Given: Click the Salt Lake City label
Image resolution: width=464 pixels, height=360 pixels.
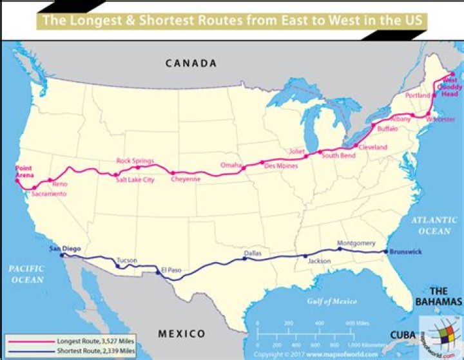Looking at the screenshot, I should (x=135, y=180).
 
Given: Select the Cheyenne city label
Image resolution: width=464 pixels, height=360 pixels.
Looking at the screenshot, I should (x=186, y=180).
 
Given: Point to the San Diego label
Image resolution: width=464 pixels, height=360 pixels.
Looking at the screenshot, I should (x=63, y=248).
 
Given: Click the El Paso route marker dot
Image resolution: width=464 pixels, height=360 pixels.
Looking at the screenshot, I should (x=157, y=269).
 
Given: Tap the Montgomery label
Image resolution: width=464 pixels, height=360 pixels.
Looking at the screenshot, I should (x=356, y=243).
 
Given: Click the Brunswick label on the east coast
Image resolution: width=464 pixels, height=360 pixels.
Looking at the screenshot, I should (x=406, y=252).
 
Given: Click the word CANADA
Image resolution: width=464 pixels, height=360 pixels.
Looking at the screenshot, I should (x=191, y=63).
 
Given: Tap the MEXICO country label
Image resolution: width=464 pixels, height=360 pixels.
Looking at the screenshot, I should (x=182, y=334).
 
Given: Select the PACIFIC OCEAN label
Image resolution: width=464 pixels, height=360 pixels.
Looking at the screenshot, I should (x=26, y=274).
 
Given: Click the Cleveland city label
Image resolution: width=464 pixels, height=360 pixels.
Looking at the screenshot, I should (x=373, y=147).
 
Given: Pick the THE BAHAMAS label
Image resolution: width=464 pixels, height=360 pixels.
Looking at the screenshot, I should (x=442, y=297).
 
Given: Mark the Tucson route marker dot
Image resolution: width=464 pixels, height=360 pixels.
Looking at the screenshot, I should (x=117, y=265).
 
